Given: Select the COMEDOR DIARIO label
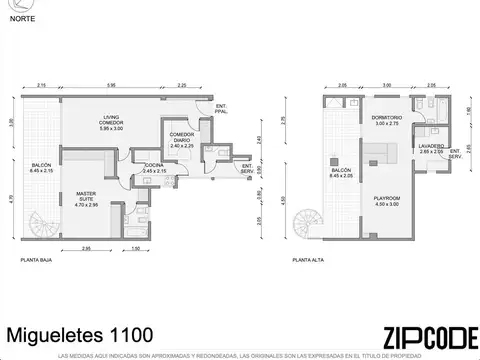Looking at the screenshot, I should click(181, 140).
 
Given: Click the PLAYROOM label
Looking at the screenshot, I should click(386, 199).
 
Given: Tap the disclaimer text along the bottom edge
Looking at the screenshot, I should click(240, 355).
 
